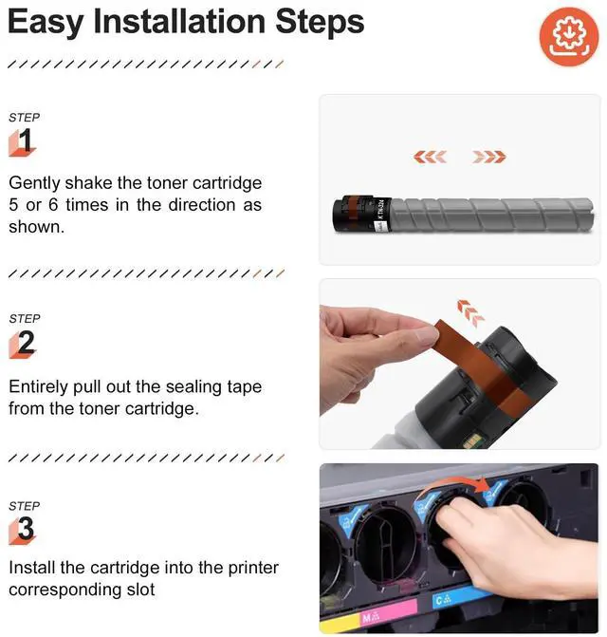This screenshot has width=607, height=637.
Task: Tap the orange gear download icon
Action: [x=569, y=37]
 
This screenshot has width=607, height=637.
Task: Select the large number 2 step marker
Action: [x=23, y=344]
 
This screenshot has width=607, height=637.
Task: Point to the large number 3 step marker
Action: [x=23, y=530]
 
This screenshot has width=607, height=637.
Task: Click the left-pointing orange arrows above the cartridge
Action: [x=430, y=157]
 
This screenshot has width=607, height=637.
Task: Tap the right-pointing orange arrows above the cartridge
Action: [x=489, y=157]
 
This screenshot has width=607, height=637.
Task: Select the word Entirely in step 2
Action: [x=38, y=386]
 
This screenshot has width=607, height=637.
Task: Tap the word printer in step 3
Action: [x=253, y=568]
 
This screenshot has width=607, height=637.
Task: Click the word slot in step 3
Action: [x=140, y=590]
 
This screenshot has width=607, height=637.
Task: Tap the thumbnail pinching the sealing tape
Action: [x=428, y=337]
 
